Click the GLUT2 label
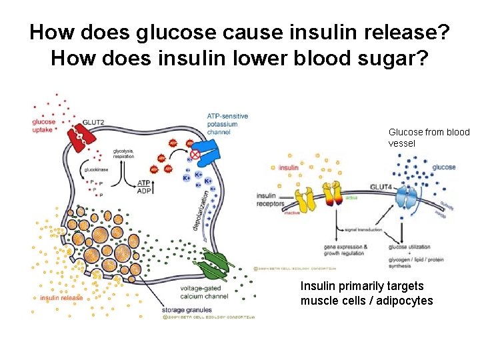[x=93, y=122]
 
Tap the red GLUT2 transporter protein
[x=79, y=137]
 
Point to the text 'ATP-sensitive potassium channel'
[x=227, y=124]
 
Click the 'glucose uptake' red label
[x=44, y=126]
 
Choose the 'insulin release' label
[x=61, y=298]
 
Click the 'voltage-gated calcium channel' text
[x=203, y=292]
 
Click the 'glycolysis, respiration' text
[x=123, y=153]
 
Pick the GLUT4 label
[x=381, y=187]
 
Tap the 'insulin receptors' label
[x=270, y=199]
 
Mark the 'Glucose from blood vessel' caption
[x=429, y=137]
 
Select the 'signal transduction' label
[x=363, y=230]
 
